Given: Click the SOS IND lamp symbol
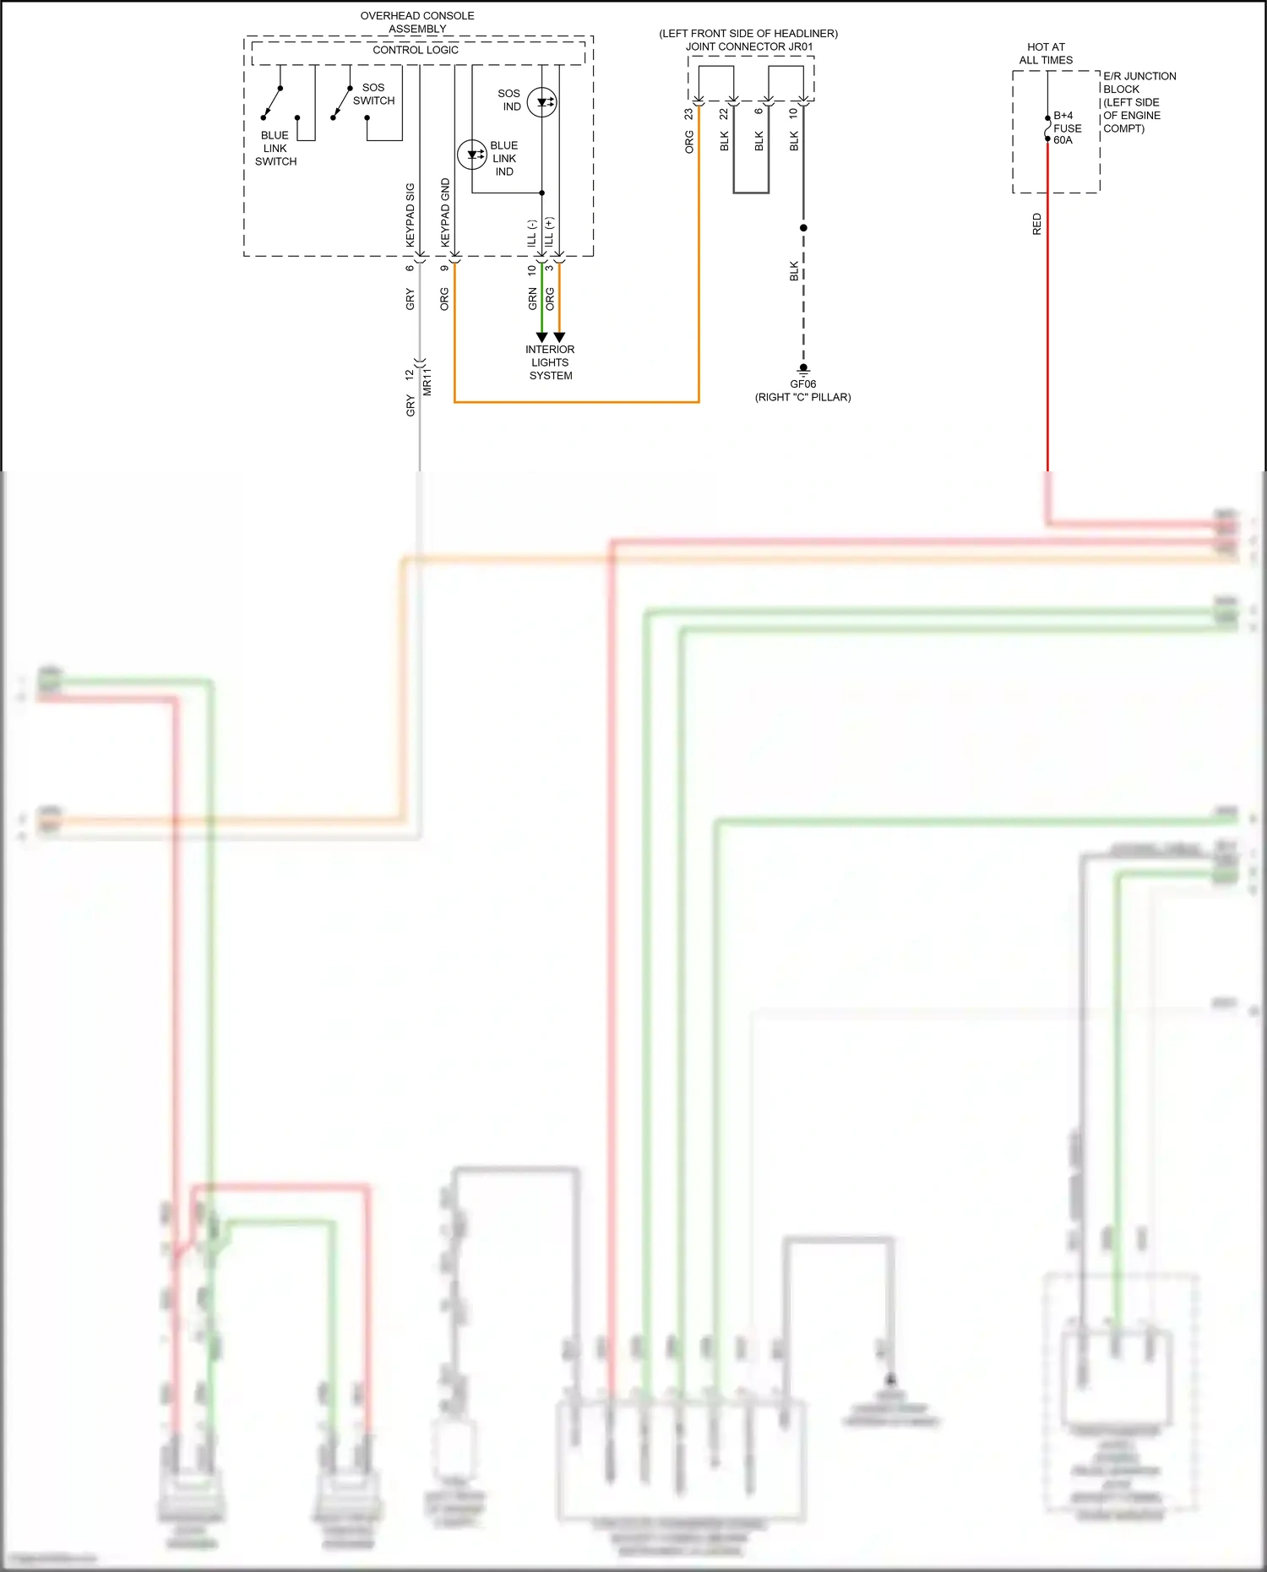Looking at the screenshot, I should click(x=541, y=102).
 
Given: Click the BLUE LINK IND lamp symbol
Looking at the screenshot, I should click(x=471, y=155).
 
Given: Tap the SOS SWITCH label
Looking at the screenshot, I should click(x=373, y=94).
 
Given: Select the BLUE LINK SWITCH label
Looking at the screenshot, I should click(x=275, y=148).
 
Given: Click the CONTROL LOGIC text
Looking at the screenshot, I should click(x=416, y=50).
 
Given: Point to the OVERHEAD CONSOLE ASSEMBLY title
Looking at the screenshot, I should click(x=417, y=22).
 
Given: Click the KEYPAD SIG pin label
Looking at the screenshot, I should click(x=411, y=215).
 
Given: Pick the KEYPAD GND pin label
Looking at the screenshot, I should click(x=445, y=212).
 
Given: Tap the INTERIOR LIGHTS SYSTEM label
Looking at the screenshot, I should click(x=550, y=362).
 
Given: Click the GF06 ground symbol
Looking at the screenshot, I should click(x=803, y=370).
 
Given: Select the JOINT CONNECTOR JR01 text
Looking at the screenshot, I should click(x=749, y=46).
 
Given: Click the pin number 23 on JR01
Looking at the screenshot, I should click(x=689, y=113).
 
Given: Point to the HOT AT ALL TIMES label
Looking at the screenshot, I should click(x=1046, y=53).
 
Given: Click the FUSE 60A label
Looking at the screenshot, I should click(x=1067, y=128).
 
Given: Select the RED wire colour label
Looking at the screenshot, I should click(x=1037, y=224).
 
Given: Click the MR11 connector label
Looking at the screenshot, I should click(x=427, y=381).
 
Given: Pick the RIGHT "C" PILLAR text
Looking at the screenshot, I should click(x=802, y=397).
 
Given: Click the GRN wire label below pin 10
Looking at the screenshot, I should click(x=532, y=298).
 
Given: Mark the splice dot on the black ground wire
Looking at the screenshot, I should click(x=803, y=228).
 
